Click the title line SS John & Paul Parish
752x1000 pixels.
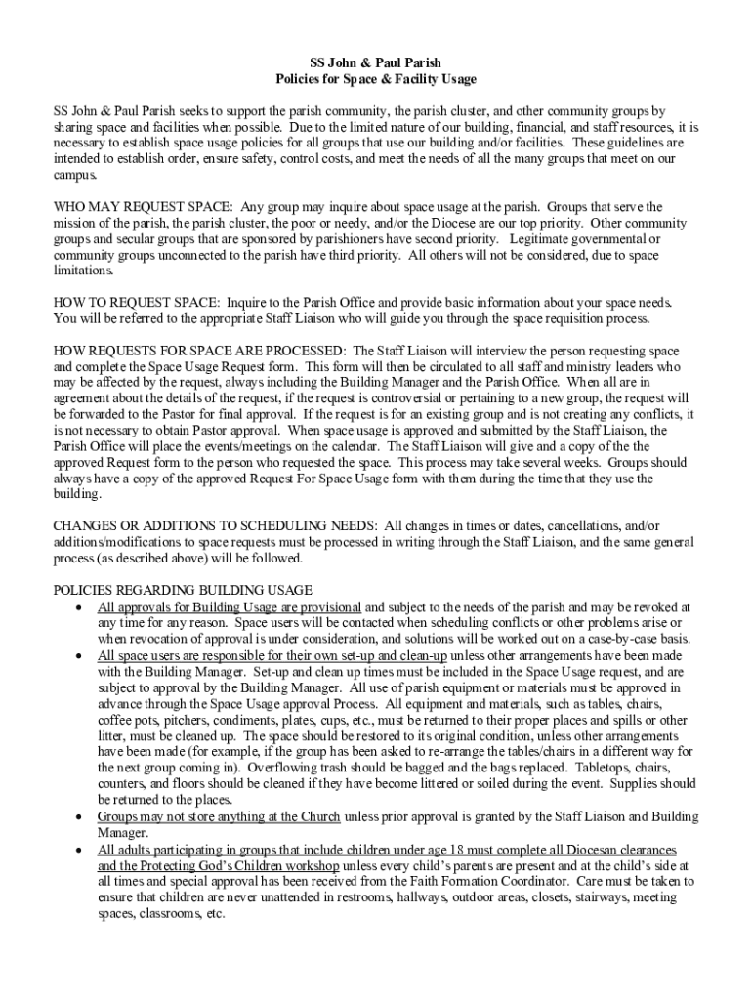375,62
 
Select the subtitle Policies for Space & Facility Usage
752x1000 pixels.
375,79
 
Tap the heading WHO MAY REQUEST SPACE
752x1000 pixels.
143,207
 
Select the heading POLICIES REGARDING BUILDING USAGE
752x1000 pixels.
183,590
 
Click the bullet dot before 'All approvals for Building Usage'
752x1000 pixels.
79,607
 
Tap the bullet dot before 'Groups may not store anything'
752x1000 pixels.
79,816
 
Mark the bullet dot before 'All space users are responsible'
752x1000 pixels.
79,655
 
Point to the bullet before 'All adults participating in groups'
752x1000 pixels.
79,850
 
